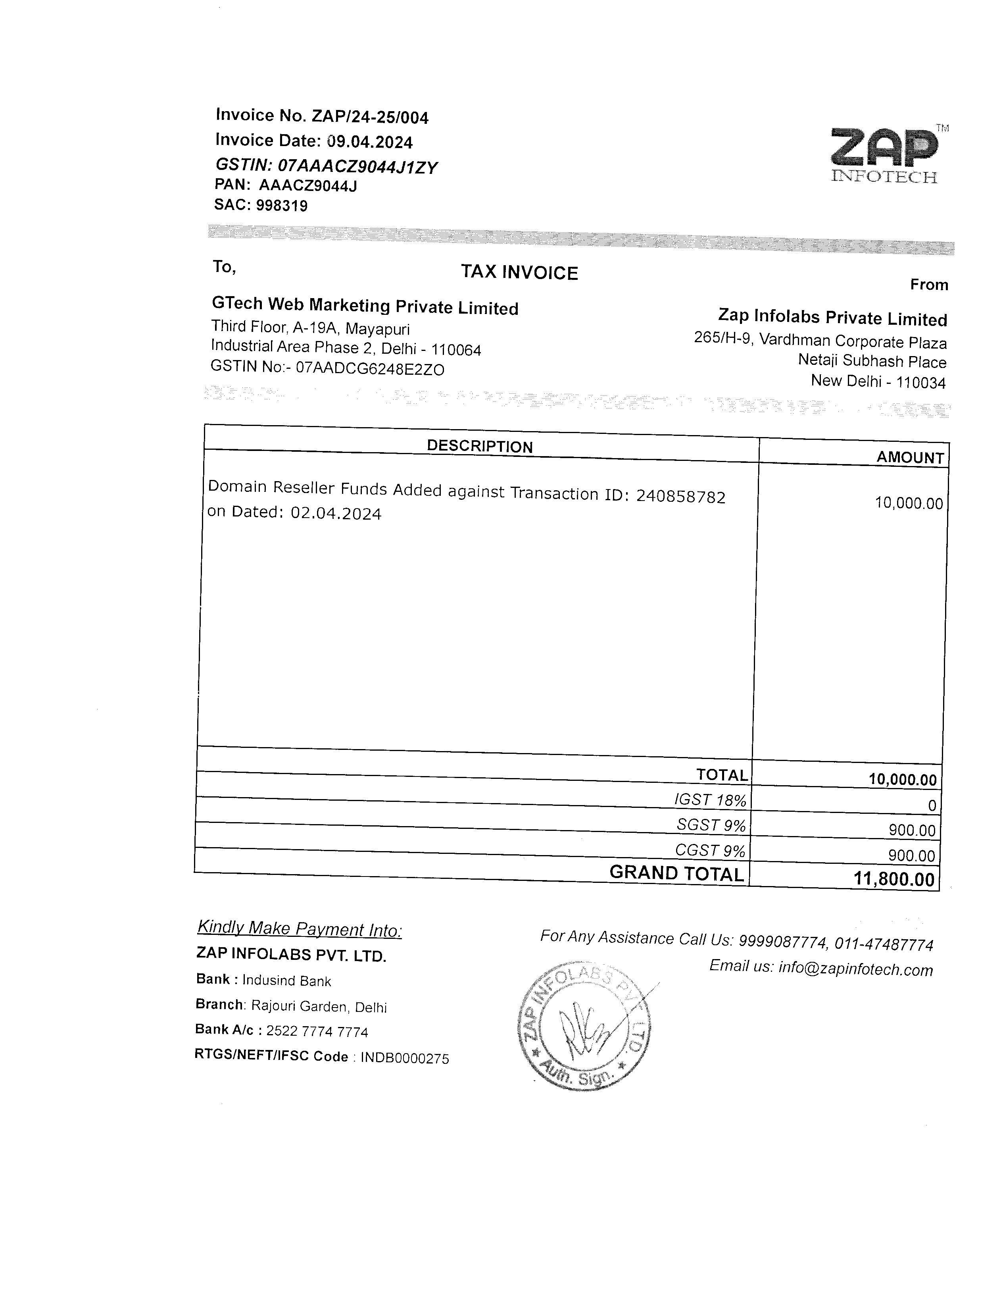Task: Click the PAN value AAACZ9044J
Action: tap(307, 186)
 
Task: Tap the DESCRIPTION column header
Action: tap(479, 446)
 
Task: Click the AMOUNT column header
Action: tap(910, 458)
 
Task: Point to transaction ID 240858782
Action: tap(680, 496)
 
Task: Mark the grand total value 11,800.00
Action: tap(894, 879)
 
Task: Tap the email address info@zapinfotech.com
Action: tap(855, 969)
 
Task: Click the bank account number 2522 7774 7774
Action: tap(317, 1032)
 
